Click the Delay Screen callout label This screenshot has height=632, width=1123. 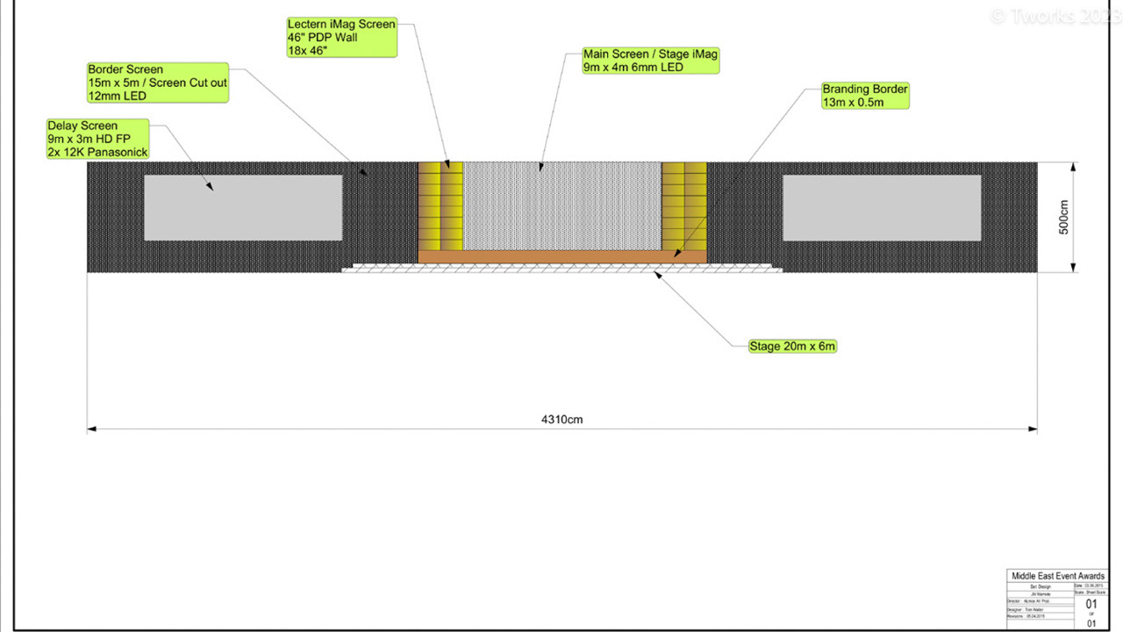tap(98, 139)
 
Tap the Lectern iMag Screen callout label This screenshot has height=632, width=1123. tap(341, 37)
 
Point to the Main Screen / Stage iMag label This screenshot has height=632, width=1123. tap(650, 61)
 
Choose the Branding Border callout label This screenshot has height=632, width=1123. tap(864, 96)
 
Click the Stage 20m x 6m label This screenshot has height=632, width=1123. tap(792, 346)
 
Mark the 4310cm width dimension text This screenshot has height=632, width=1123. tap(561, 420)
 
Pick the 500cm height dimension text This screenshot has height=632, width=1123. tap(1064, 218)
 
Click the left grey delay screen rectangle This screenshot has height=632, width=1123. tap(243, 208)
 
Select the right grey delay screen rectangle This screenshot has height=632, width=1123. tap(882, 208)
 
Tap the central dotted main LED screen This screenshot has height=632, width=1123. tap(561, 206)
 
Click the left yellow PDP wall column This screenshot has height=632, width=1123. tap(440, 206)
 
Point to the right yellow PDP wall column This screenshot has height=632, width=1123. tap(683, 206)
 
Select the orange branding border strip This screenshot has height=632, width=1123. tap(561, 256)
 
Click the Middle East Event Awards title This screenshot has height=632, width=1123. tap(1057, 576)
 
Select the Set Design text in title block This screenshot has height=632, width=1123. tap(1041, 585)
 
